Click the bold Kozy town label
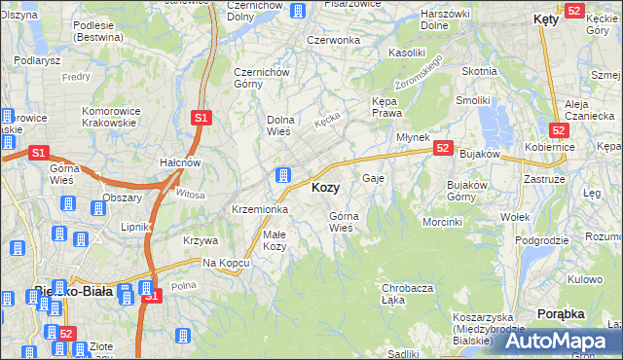pyautogui.click(x=325, y=188)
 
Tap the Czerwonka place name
pyautogui.click(x=333, y=40)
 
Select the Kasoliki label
pyautogui.click(x=407, y=52)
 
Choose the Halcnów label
pyautogui.click(x=180, y=162)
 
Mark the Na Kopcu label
pyautogui.click(x=221, y=264)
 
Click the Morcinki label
pyautogui.click(x=442, y=222)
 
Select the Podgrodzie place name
pyautogui.click(x=541, y=240)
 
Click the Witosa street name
pyautogui.click(x=191, y=195)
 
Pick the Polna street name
pyautogui.click(x=183, y=286)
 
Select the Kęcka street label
pyautogui.click(x=326, y=121)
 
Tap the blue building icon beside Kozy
pyautogui.click(x=283, y=175)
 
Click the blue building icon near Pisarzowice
pyautogui.click(x=300, y=11)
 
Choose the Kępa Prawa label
pyautogui.click(x=387, y=107)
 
